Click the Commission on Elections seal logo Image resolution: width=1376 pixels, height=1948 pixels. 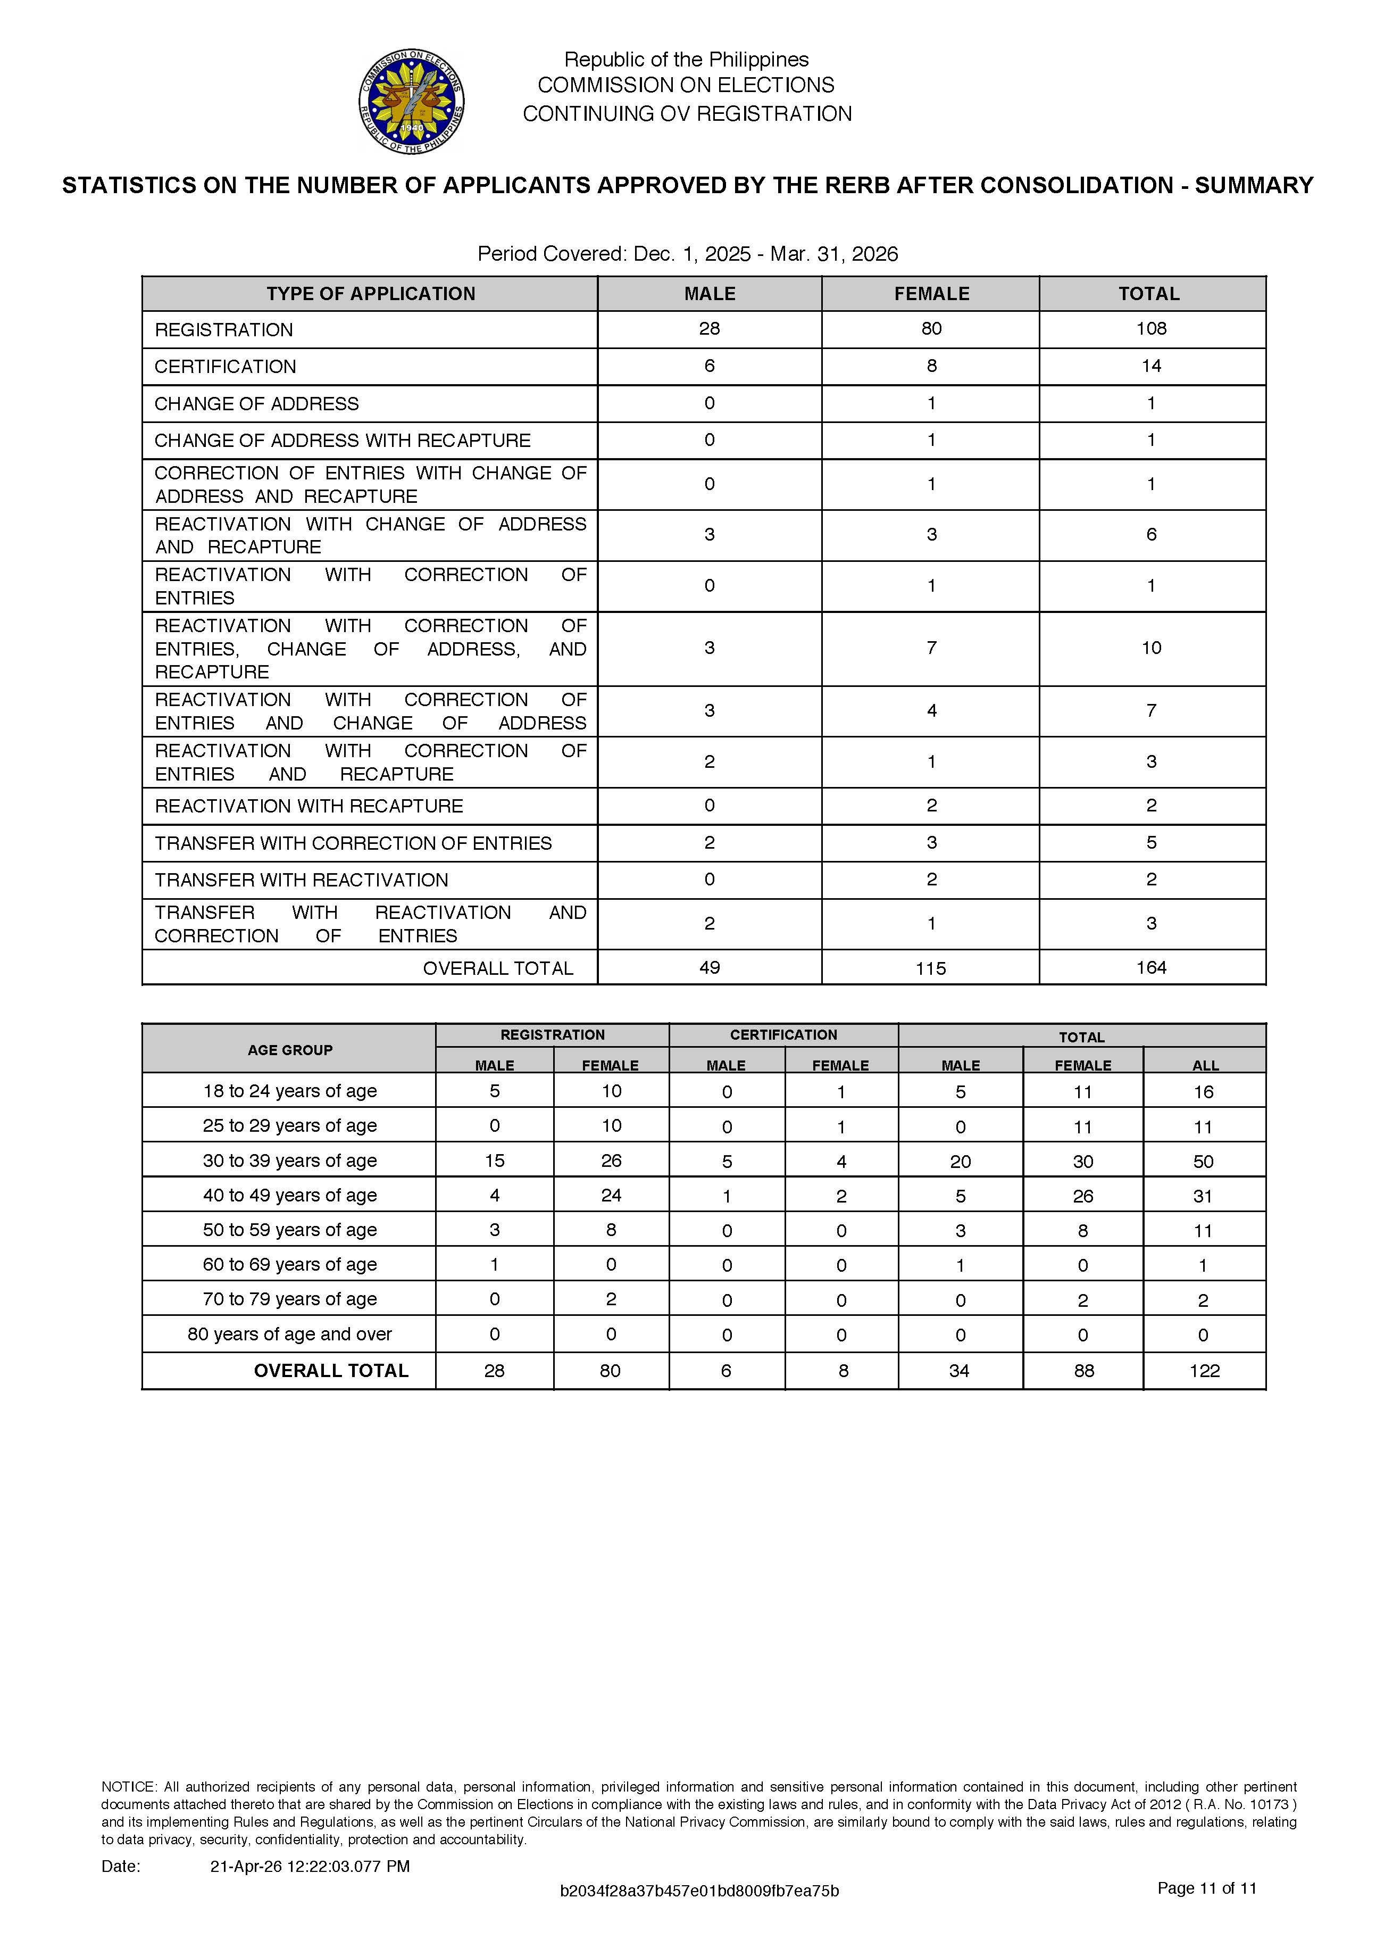(412, 101)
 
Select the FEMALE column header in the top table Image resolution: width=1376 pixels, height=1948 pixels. (931, 294)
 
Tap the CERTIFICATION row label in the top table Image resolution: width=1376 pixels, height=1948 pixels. (225, 367)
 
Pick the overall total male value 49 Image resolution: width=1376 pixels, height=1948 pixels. (709, 967)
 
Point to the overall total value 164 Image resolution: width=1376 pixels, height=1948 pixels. (1151, 967)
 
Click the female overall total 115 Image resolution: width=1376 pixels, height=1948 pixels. (931, 968)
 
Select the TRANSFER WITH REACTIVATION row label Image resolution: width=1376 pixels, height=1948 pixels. (301, 880)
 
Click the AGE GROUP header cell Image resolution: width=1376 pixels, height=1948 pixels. (290, 1049)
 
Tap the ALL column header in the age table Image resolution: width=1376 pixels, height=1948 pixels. (1205, 1065)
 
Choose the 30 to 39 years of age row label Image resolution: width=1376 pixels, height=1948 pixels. (290, 1160)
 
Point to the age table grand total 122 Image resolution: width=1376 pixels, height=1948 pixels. (1205, 1370)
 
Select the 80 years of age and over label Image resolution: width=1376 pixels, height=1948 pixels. (290, 1334)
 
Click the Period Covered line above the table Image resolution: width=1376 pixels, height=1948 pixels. (687, 254)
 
